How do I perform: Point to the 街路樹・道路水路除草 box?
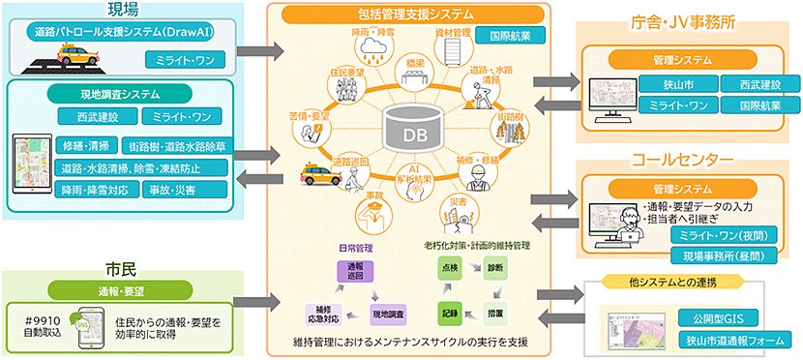[177, 146]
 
